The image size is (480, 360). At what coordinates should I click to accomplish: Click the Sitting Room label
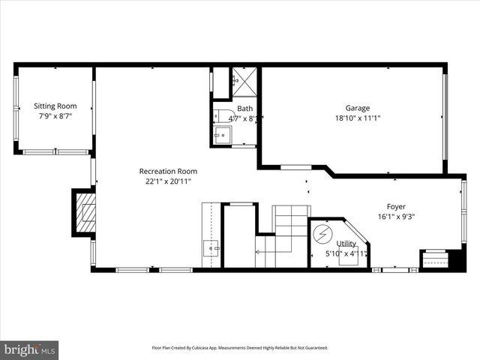[55, 106]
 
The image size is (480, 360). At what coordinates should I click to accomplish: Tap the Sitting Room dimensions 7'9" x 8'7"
[55, 117]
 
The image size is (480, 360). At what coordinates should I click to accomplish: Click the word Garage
[357, 108]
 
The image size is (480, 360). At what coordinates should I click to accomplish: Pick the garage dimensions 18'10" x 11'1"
[357, 118]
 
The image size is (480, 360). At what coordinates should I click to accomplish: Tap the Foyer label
[397, 207]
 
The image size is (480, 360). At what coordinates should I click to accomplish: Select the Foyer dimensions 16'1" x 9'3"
[397, 217]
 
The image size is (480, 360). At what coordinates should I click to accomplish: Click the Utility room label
[346, 243]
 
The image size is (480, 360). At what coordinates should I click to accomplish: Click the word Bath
[245, 108]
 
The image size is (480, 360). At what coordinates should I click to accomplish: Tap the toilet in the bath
[221, 115]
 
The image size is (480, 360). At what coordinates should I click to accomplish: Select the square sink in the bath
[223, 136]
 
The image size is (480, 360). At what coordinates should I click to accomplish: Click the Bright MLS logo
[30, 349]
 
